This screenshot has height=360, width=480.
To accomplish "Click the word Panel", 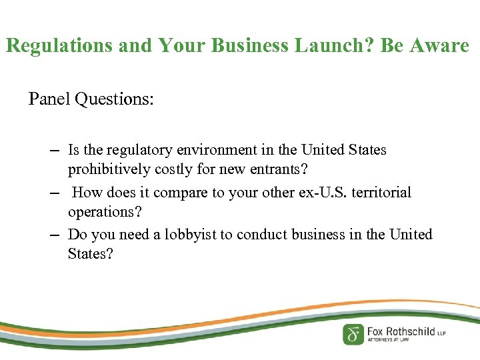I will [x=49, y=99].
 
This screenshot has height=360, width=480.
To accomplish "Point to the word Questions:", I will [x=115, y=99].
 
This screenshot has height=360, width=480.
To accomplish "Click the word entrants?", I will [x=278, y=169].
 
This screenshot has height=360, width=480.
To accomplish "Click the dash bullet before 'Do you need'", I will [x=55, y=235].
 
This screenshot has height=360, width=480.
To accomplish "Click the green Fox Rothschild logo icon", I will [x=353, y=333].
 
